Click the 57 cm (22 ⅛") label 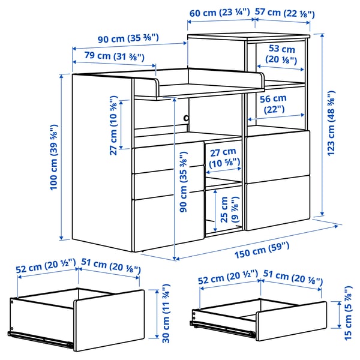(284, 13)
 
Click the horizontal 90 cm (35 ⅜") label (129, 38)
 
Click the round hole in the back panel (186, 118)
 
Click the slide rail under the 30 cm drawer (42, 340)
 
